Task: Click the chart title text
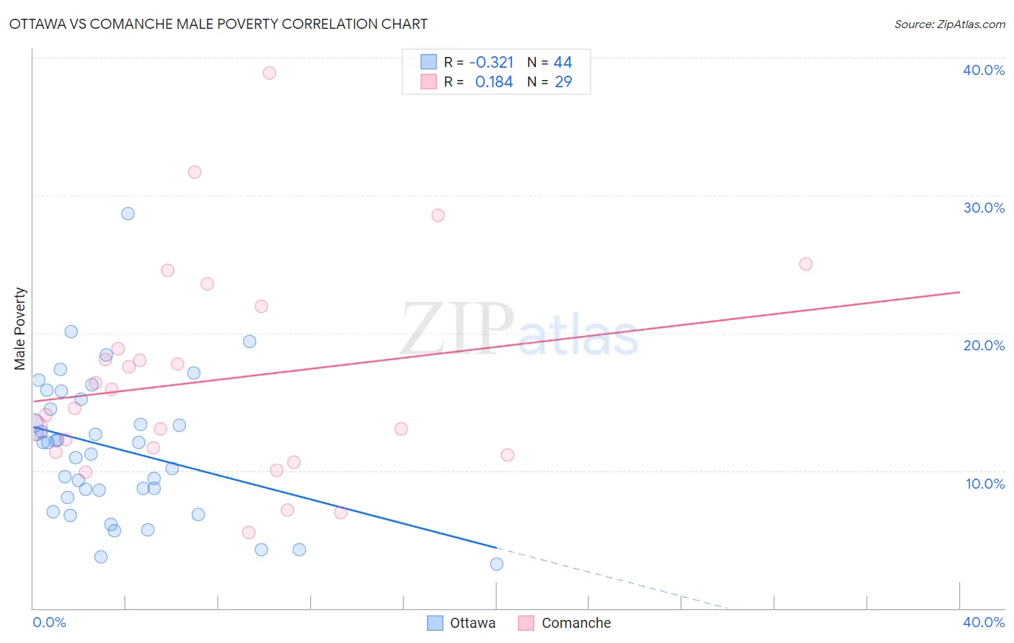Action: point(218,24)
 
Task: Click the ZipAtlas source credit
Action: point(949,24)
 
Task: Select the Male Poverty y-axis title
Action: point(20,329)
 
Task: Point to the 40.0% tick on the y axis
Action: point(984,70)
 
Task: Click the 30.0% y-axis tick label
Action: point(984,208)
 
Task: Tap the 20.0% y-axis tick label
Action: point(984,345)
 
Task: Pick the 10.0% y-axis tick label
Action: point(985,484)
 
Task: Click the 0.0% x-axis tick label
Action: point(49,622)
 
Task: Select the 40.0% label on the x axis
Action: point(984,622)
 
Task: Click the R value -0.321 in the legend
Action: point(491,63)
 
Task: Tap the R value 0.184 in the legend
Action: point(494,82)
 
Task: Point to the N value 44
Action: point(563,63)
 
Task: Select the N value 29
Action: point(563,82)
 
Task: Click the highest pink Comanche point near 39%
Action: point(270,73)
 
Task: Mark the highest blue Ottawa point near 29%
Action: point(128,213)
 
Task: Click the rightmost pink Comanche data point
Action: point(806,264)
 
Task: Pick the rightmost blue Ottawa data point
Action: point(497,564)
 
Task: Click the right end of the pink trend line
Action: point(959,292)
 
